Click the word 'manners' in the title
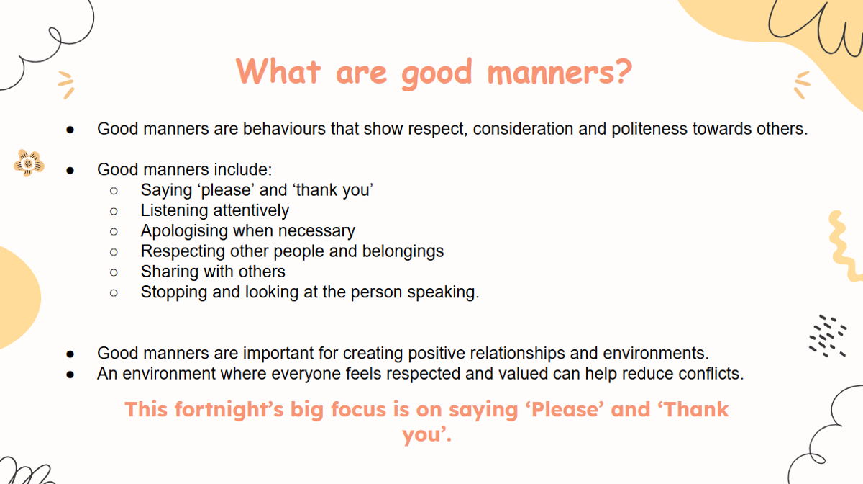pyautogui.click(x=550, y=73)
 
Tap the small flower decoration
pyautogui.click(x=29, y=163)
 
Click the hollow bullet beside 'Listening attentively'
pyautogui.click(x=114, y=211)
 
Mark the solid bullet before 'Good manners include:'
pyautogui.click(x=70, y=170)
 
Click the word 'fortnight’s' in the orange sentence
pyautogui.click(x=229, y=410)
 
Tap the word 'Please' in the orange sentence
pyautogui.click(x=565, y=410)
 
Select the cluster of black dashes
pyautogui.click(x=828, y=336)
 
